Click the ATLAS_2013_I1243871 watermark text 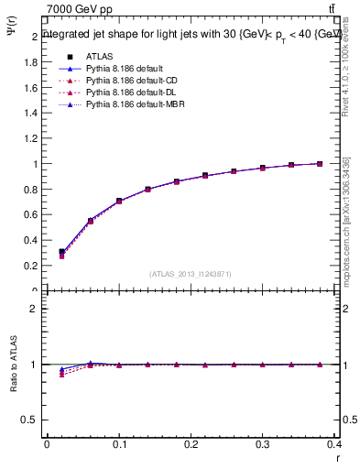(191, 274)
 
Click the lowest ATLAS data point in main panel (62, 252)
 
